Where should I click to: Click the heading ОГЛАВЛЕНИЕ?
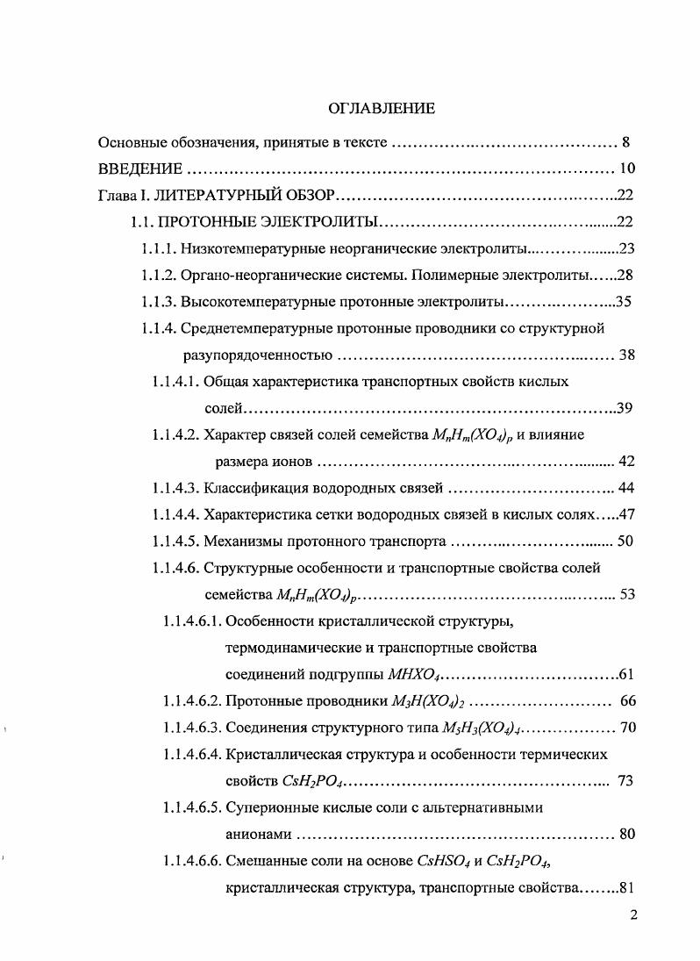[381, 109]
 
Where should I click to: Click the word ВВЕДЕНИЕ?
[140, 169]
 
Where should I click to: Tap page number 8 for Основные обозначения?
[625, 141]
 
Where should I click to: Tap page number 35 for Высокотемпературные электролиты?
[624, 302]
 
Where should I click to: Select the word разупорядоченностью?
[257, 355]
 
